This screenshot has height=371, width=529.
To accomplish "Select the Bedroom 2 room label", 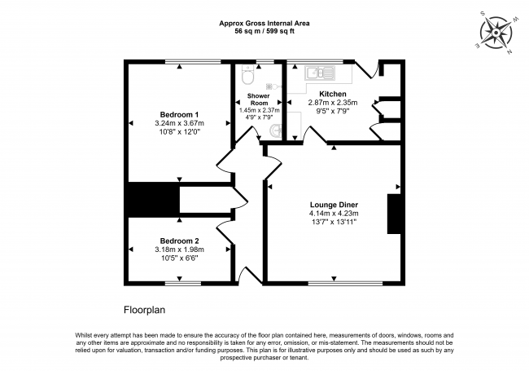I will tap(179, 241).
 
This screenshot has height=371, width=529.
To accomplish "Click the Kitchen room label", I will tap(333, 95).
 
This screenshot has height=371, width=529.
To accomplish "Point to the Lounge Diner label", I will tap(334, 205).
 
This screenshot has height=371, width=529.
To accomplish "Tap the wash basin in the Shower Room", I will tap(277, 130).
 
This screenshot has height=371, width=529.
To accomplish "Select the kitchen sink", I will tap(320, 73).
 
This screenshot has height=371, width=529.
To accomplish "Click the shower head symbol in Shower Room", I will tap(279, 85).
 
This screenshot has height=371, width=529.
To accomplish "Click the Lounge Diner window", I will tap(332, 283).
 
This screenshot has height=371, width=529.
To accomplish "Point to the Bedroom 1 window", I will tap(192, 61).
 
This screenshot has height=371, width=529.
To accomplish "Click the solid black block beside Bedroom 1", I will tap(153, 200).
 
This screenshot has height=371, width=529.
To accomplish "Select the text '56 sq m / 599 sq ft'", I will tap(264, 31).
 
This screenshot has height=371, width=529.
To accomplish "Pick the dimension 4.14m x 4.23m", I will tap(334, 214).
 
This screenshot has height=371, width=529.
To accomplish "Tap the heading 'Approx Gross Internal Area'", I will tap(264, 23).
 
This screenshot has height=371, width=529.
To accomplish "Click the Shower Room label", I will tap(258, 99).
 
